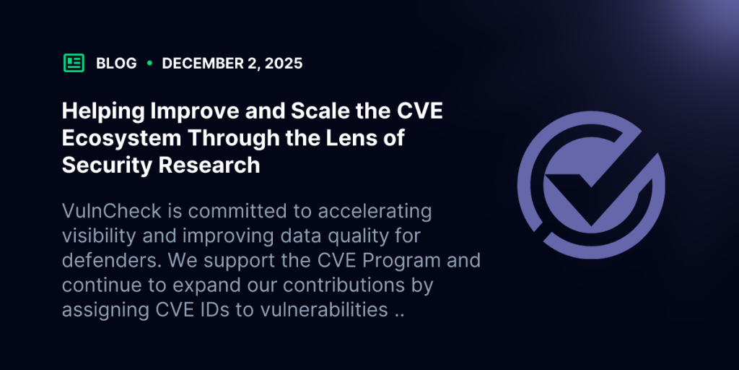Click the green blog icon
click(74, 63)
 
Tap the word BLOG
click(116, 63)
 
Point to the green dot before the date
click(149, 63)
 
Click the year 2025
click(284, 63)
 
